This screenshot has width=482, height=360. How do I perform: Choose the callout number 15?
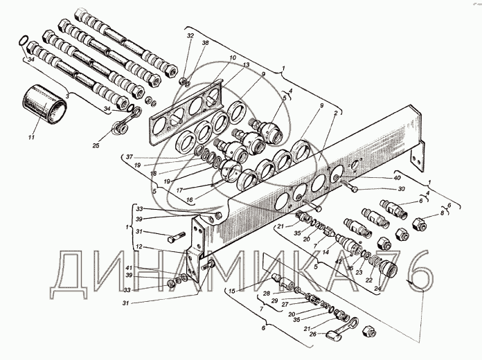pyautogui.click(x=232, y=290)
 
